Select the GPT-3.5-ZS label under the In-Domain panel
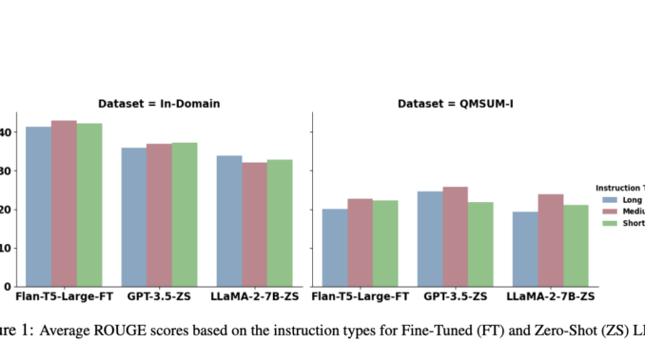[x=159, y=298]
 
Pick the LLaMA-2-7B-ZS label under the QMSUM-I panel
[x=551, y=298]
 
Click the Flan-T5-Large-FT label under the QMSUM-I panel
[x=361, y=298]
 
